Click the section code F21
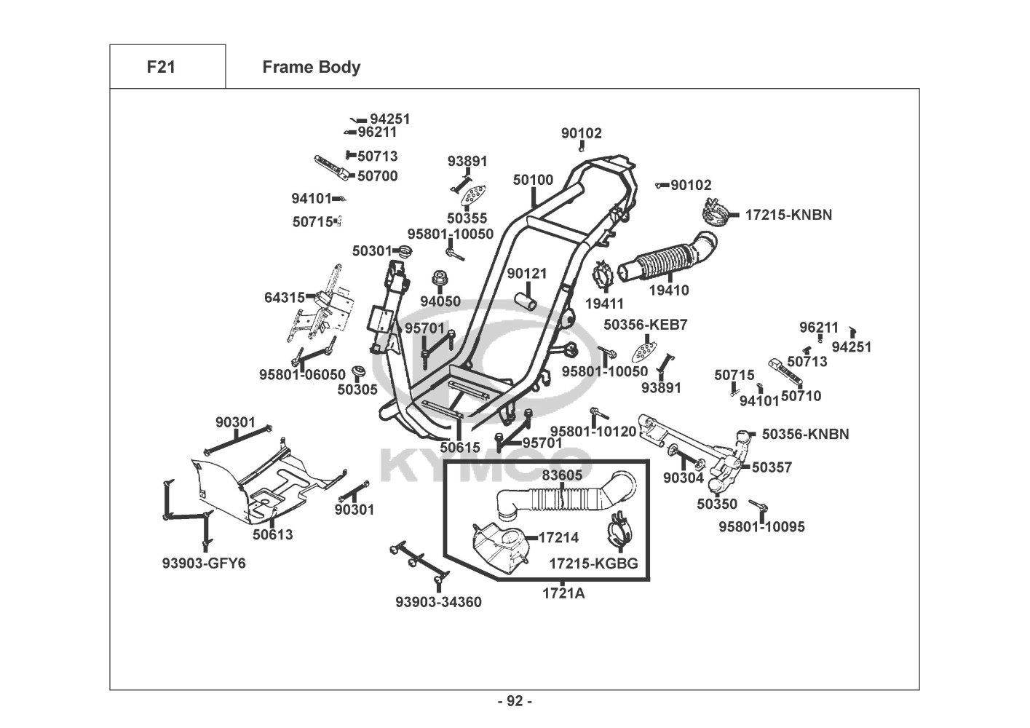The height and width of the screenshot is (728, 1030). click(x=161, y=67)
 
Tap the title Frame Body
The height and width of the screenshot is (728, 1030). click(x=311, y=67)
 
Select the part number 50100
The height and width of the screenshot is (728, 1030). click(x=533, y=180)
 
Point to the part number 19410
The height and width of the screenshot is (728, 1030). click(x=668, y=290)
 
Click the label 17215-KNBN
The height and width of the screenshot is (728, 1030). click(x=788, y=215)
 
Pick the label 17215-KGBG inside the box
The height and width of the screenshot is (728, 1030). click(x=593, y=563)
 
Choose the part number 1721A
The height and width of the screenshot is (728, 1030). click(x=563, y=593)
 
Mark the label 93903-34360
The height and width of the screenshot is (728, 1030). click(x=438, y=602)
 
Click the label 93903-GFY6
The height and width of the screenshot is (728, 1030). click(x=204, y=563)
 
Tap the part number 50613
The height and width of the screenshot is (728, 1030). click(x=273, y=534)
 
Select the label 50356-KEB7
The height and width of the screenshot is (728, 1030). click(x=645, y=325)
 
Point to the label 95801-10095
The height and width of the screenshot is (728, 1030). click(x=761, y=526)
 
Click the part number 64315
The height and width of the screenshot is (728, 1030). click(x=285, y=298)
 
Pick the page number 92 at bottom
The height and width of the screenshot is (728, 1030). click(x=515, y=701)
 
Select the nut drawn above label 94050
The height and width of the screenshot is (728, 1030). click(x=440, y=279)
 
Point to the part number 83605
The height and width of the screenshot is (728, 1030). click(x=562, y=475)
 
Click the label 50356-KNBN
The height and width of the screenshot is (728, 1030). click(x=805, y=434)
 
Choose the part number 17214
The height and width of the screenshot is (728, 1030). click(x=558, y=538)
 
